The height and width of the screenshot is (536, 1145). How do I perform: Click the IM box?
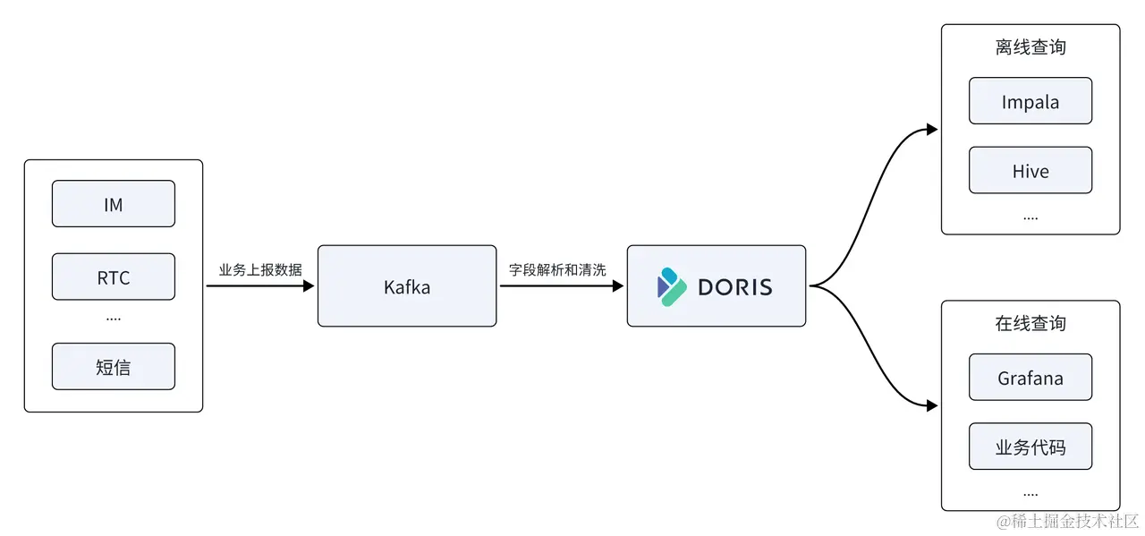tap(114, 204)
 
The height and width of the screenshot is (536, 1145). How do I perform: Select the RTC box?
tap(114, 277)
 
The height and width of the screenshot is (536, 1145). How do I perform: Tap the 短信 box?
tap(114, 366)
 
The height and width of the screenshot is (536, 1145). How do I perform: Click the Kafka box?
tap(407, 286)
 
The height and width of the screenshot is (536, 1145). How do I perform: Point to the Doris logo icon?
tap(672, 286)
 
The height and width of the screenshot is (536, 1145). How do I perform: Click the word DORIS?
tap(734, 287)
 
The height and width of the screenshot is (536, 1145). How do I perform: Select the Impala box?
tap(1030, 101)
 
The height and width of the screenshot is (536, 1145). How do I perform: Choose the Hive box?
tap(1030, 171)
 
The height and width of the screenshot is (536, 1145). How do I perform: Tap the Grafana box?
tap(1030, 378)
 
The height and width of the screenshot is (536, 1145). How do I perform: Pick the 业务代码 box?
tap(1030, 447)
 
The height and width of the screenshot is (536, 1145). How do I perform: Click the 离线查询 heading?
tap(1030, 47)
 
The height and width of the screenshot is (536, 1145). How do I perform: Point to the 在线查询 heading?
tap(1030, 323)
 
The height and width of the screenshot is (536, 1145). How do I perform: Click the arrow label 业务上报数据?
tap(260, 269)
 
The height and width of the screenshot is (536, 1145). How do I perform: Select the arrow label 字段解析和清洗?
tap(557, 269)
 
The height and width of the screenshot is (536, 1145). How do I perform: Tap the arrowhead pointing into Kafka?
tap(310, 286)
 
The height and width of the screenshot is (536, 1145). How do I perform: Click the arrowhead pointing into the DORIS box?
tap(618, 286)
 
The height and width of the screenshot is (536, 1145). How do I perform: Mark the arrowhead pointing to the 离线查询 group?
tap(932, 130)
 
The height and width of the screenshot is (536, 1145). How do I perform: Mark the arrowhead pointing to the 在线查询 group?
tap(932, 405)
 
